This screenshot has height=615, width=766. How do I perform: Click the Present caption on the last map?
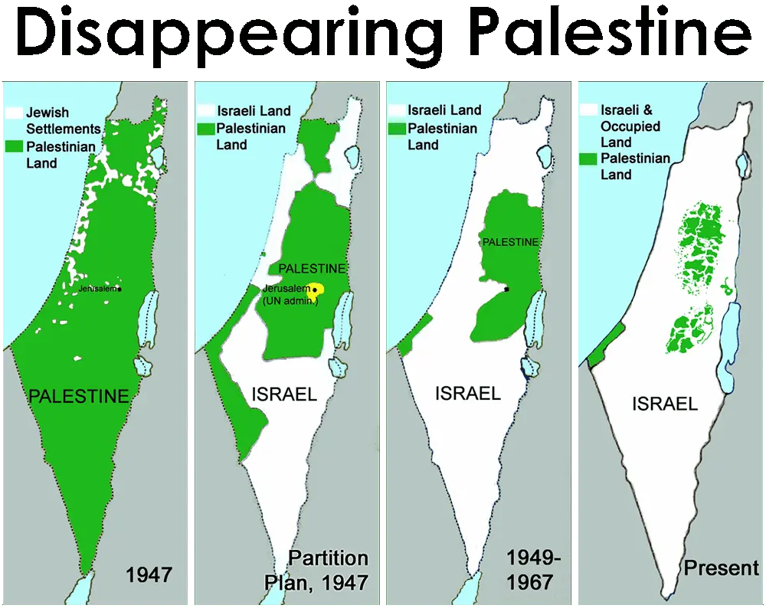point(721,568)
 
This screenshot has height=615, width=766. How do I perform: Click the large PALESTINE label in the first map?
point(78,396)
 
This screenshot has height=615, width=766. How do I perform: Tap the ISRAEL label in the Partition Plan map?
point(284,394)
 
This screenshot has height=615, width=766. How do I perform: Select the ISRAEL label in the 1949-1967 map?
point(467,394)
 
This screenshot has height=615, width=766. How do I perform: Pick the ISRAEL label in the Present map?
point(665,404)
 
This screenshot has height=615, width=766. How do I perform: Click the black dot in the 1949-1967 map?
point(507,290)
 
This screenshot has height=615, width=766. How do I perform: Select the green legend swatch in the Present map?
point(588,159)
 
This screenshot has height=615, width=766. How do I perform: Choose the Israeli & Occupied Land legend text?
point(627,126)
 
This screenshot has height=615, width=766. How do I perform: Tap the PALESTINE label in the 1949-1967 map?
point(510,242)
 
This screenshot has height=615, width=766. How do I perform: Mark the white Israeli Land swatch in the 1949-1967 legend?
point(396,110)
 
